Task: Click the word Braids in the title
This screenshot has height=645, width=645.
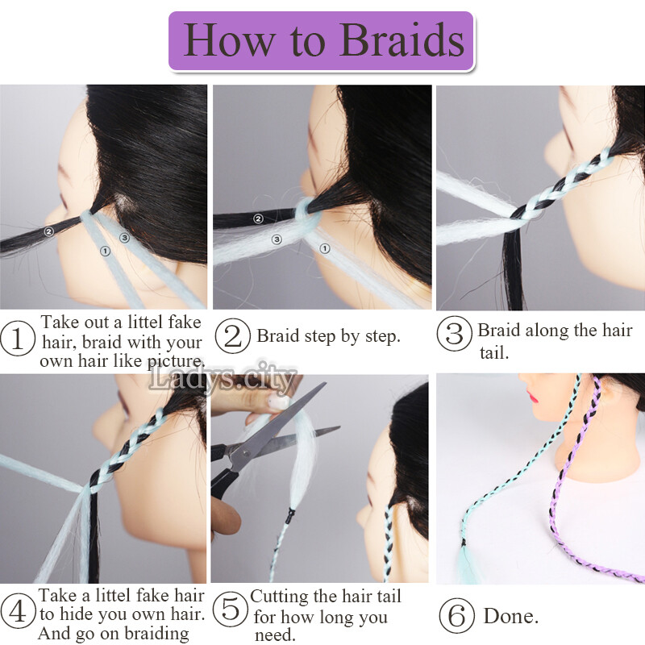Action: pos(402,40)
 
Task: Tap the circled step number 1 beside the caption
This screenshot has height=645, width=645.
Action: pos(17,339)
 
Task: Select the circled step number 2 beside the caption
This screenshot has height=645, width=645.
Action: pos(233,336)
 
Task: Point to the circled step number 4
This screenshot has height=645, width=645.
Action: pos(17,610)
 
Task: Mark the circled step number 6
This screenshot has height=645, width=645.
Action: pos(456,617)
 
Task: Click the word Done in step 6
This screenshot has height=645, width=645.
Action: pos(510,617)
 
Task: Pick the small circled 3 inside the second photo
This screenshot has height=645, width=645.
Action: pos(276,239)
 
